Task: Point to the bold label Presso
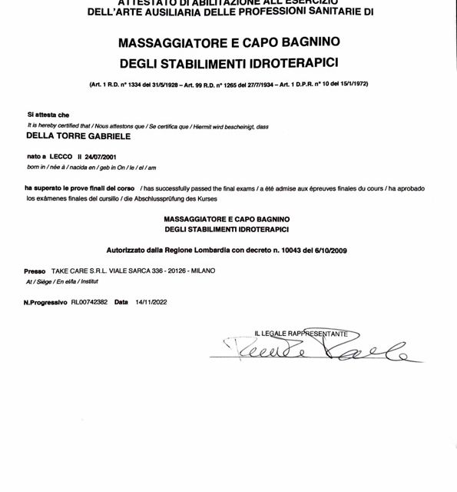click(x=35, y=271)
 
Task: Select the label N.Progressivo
click(x=45, y=302)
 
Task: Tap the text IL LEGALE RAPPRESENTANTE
click(x=301, y=334)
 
